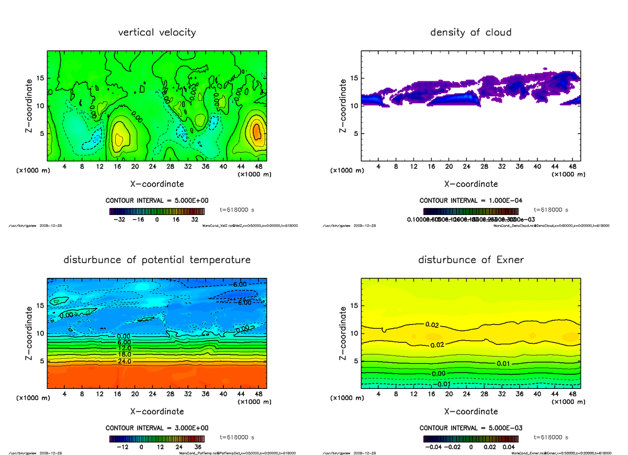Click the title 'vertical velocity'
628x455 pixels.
pyautogui.click(x=157, y=32)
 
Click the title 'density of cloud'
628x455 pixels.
pyautogui.click(x=470, y=32)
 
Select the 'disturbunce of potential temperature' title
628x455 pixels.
pyautogui.click(x=157, y=260)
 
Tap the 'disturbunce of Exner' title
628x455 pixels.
pyautogui.click(x=470, y=260)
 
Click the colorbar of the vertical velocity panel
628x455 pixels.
pyautogui.click(x=157, y=211)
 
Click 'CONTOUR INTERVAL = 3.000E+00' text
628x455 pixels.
pyautogui.click(x=157, y=428)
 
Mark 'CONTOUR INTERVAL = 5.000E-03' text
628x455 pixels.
pyautogui.click(x=470, y=428)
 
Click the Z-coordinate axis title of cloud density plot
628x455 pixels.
pyautogui.click(x=343, y=105)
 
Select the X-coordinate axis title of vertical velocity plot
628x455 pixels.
pyautogui.click(x=157, y=184)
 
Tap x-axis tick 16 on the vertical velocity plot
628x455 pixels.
pyautogui.click(x=117, y=167)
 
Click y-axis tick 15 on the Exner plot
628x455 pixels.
pyautogui.click(x=355, y=306)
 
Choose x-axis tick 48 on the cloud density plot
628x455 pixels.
pyautogui.click(x=572, y=167)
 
